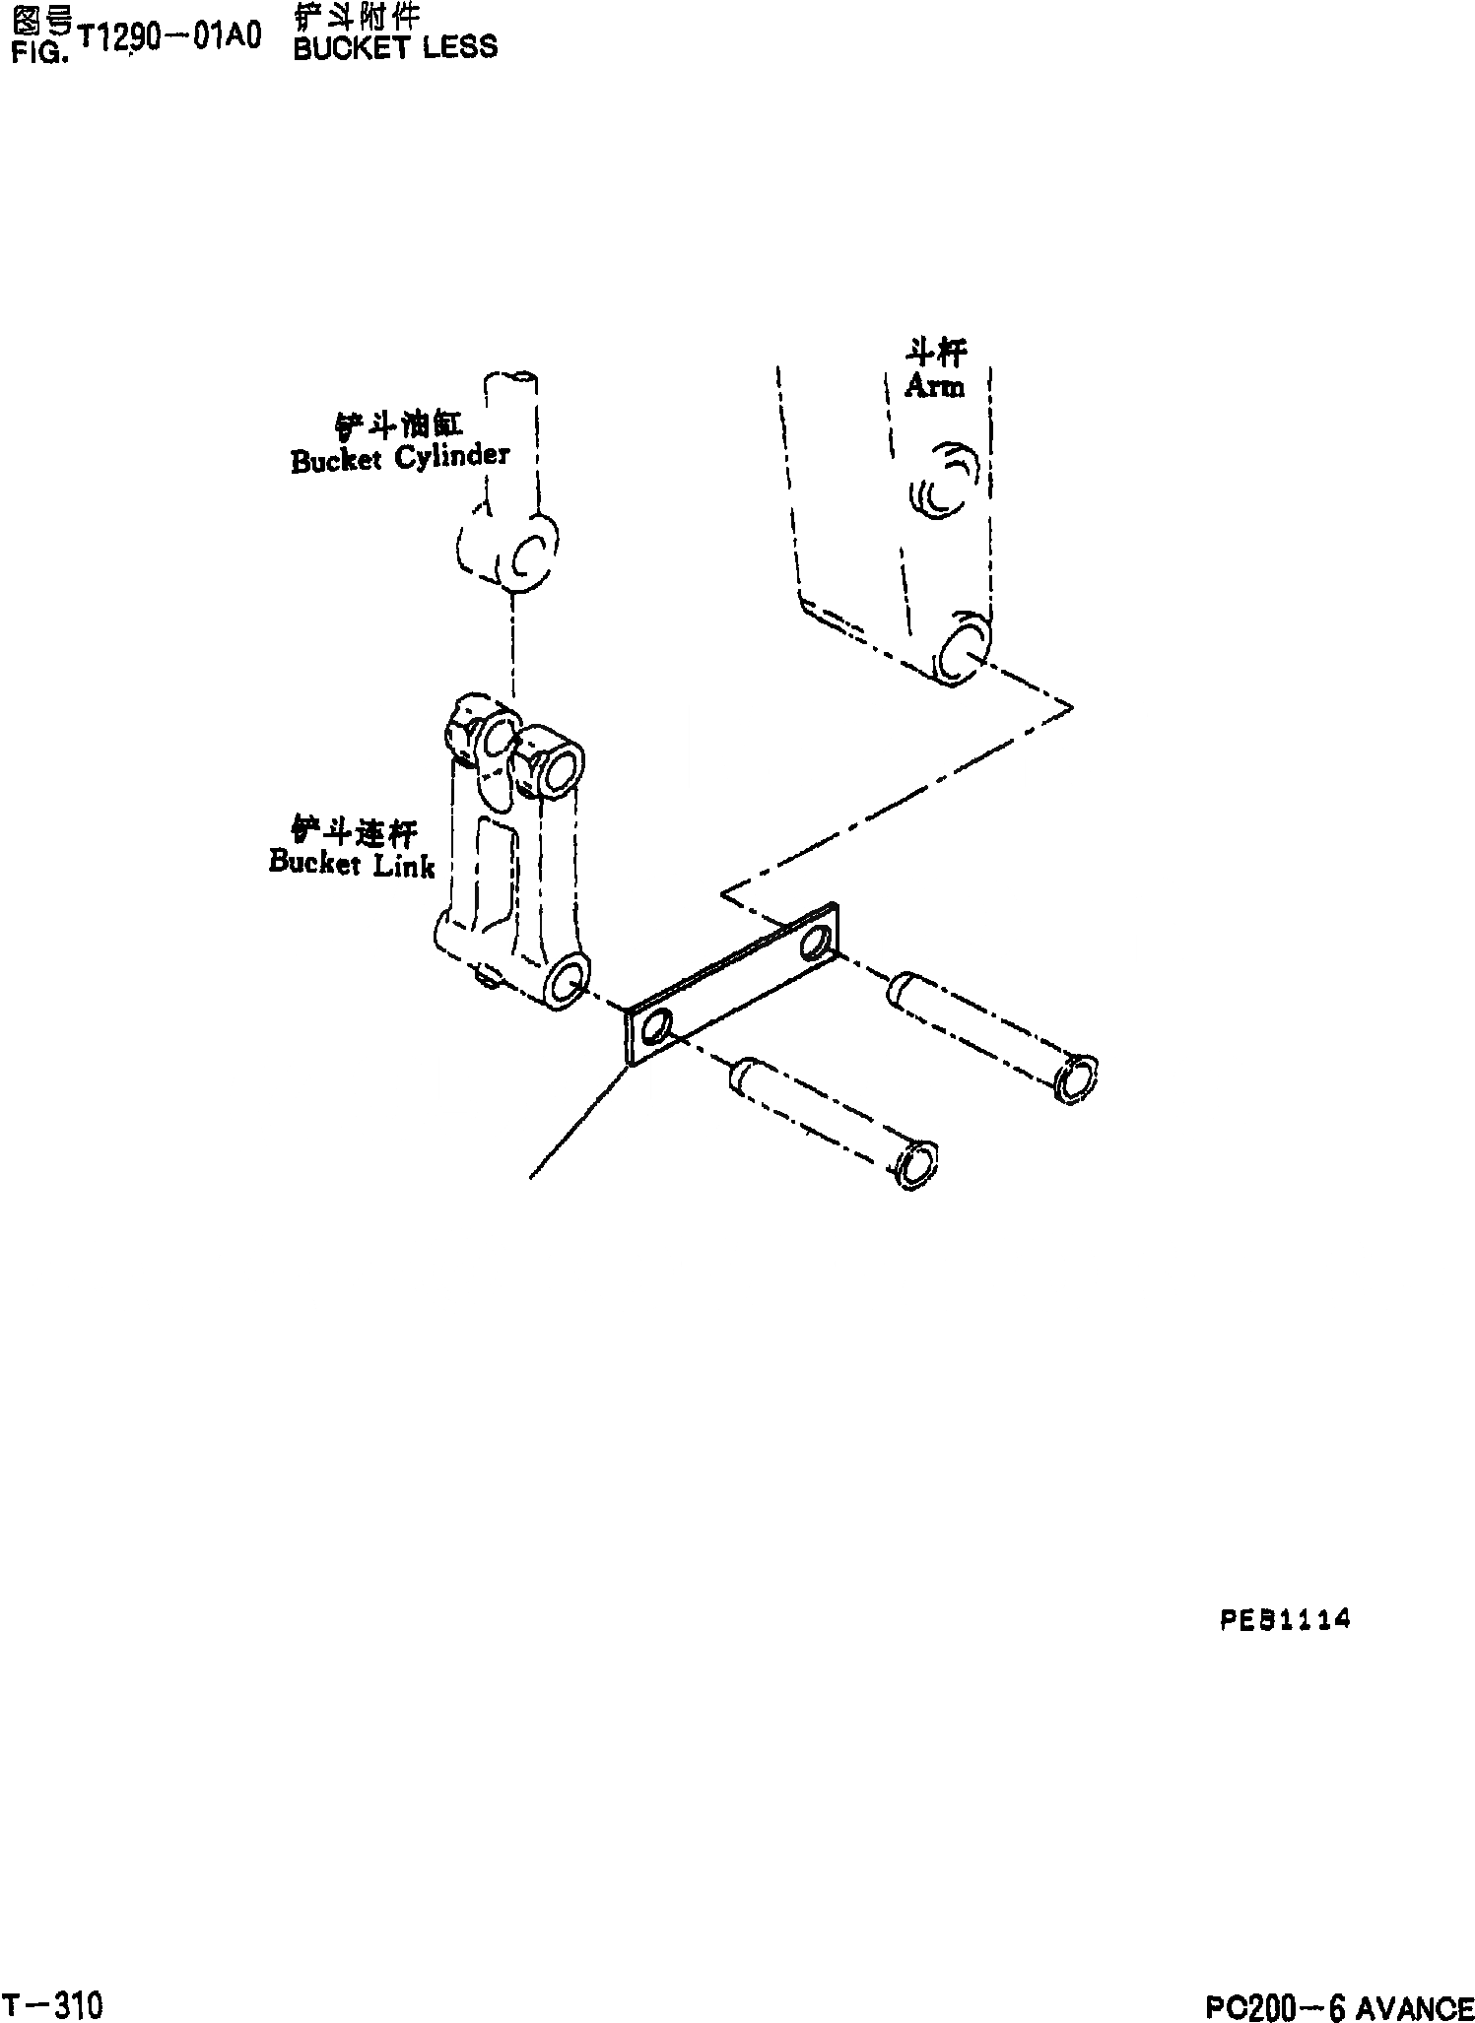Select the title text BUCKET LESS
click(395, 47)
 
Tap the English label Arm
click(934, 386)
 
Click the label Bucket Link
click(352, 864)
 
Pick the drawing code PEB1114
click(1284, 1620)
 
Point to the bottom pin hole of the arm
click(958, 650)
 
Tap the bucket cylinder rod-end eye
click(528, 559)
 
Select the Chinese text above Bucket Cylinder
click(399, 424)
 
